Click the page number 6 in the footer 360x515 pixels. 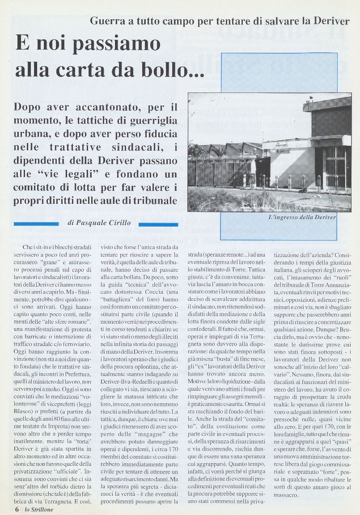pyautogui.click(x=17, y=509)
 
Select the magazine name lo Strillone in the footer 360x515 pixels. pyautogui.click(x=38, y=509)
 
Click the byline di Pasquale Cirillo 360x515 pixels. pyautogui.click(x=99, y=223)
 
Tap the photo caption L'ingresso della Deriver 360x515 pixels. pyautogui.click(x=302, y=217)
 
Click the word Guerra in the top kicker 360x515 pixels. pyautogui.click(x=107, y=21)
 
